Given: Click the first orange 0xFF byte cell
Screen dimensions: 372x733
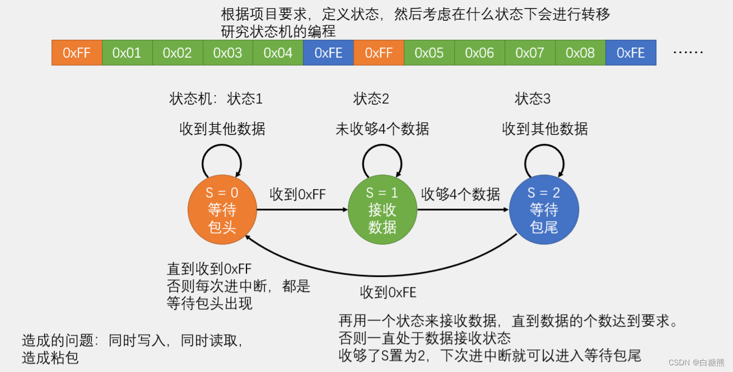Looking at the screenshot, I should [77, 53].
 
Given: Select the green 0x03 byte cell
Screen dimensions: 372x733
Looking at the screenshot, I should [227, 53].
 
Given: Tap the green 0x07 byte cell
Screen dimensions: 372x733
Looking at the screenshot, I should [530, 53].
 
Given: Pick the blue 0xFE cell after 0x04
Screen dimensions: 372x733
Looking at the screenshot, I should [328, 53].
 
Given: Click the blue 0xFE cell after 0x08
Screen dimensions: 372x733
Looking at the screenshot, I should [631, 53].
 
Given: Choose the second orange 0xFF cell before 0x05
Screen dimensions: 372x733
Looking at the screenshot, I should [379, 53].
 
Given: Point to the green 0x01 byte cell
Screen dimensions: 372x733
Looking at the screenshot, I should [127, 53].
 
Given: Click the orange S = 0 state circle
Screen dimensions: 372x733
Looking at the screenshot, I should [222, 210].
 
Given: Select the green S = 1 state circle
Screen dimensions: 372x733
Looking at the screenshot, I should [382, 210].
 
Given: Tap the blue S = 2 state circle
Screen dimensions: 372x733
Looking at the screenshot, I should [544, 210].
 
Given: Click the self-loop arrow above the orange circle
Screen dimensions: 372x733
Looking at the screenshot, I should [222, 159].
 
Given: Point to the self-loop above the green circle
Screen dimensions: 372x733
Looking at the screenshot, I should [382, 159].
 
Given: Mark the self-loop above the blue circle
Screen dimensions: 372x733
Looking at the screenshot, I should [544, 159].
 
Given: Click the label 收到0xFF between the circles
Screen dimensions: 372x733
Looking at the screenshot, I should [297, 195].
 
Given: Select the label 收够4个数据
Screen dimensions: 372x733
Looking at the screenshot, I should [460, 195].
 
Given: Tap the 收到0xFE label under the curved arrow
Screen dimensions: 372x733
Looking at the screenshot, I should [388, 292].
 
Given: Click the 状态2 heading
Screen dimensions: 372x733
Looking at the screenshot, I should [371, 99].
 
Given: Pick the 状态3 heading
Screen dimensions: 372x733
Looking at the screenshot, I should [533, 99].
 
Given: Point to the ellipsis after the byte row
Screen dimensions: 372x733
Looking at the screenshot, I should [688, 53].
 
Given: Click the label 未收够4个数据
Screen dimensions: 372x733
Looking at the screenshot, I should [382, 129].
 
